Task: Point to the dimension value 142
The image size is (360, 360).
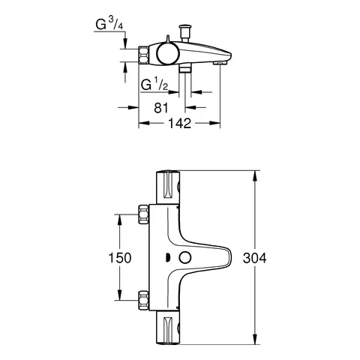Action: (x=177, y=125)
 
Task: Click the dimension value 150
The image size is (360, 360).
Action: (x=119, y=257)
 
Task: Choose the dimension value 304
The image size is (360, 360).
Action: (x=256, y=257)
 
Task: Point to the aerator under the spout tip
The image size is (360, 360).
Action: (x=218, y=66)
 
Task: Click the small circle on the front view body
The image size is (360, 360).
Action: (x=183, y=258)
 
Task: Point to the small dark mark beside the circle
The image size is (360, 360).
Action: (x=169, y=258)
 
